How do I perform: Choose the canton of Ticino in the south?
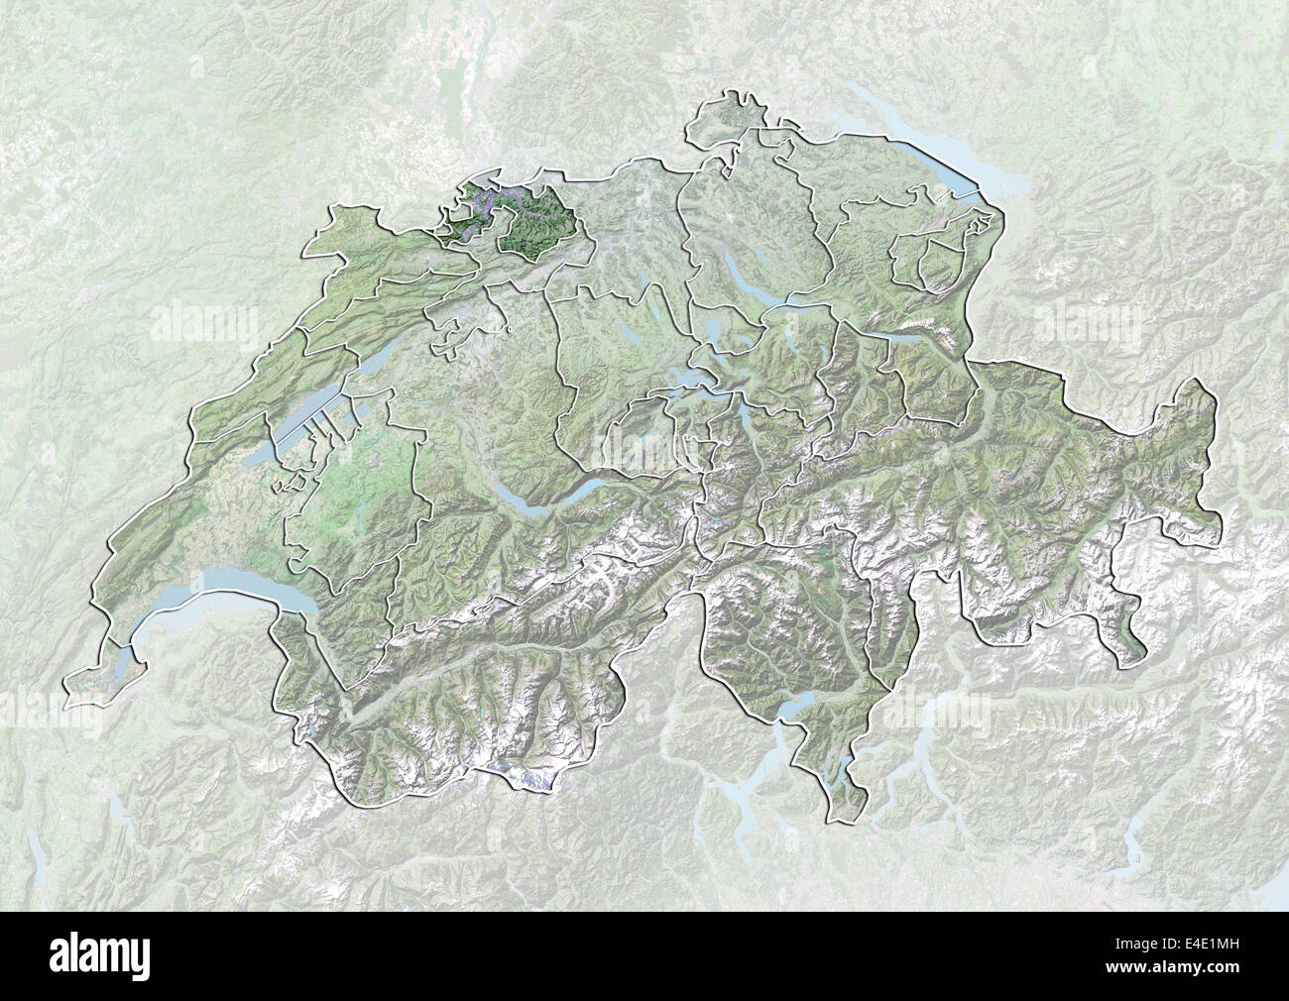783,634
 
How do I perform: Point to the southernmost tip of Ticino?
841,819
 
